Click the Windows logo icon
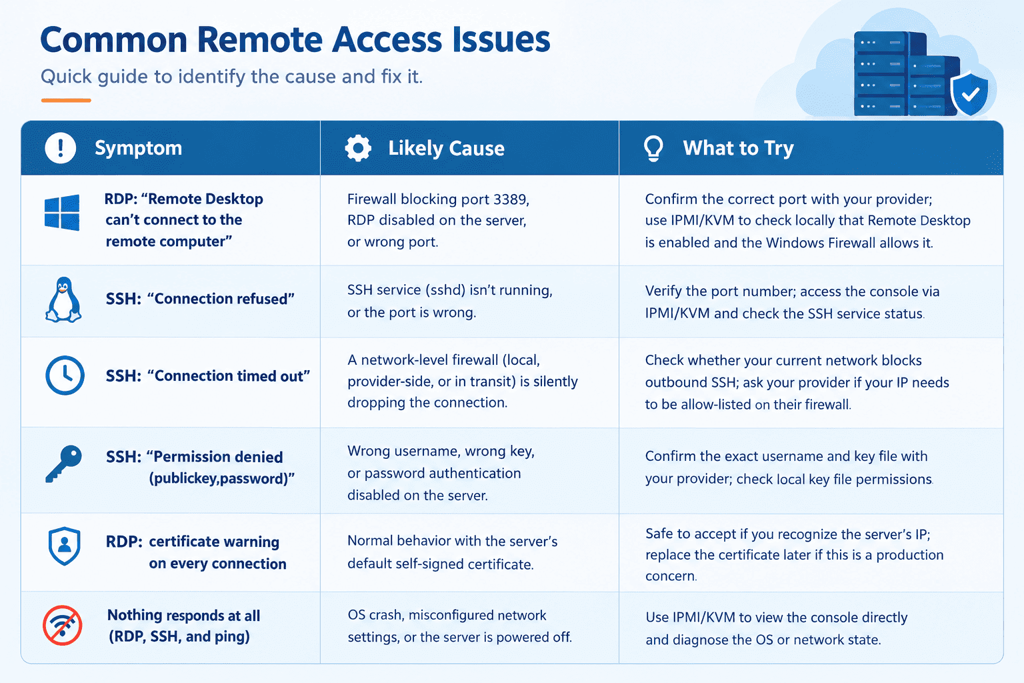coord(62,212)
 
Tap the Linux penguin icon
coord(63,299)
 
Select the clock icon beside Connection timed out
coord(65,375)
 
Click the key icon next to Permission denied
coord(63,464)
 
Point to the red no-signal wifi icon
coord(63,626)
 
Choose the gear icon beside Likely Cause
coord(358,148)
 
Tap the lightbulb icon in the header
coord(653,148)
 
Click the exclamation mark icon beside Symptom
coord(61,148)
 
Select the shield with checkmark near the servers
coord(969,94)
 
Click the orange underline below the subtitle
coord(66,100)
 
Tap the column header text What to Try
coord(738,148)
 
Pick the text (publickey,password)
coord(222,478)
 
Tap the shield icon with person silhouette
coord(65,546)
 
